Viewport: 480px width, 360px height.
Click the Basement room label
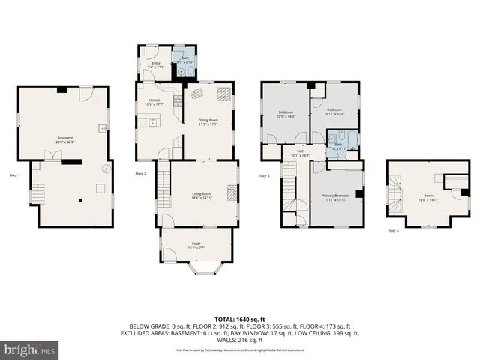pos(65,139)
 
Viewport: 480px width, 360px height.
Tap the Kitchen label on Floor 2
pos(154,102)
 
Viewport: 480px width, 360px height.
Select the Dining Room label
pos(208,121)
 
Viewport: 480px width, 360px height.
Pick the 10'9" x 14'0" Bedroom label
pos(286,115)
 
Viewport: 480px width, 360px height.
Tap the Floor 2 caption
pos(140,174)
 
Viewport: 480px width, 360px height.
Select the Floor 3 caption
pos(263,176)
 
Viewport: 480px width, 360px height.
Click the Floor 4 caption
pos(393,231)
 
